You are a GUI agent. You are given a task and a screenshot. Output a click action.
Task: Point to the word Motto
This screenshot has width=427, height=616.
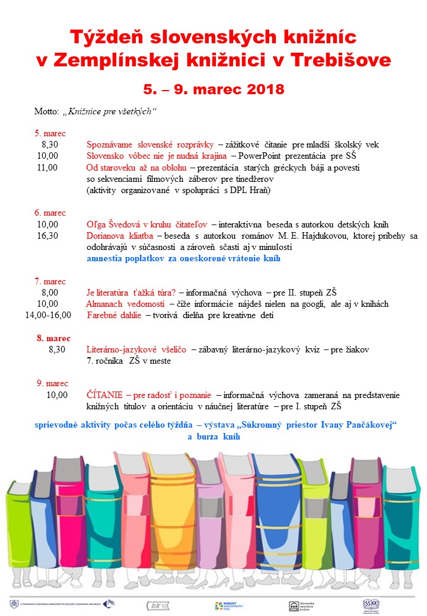click(46, 111)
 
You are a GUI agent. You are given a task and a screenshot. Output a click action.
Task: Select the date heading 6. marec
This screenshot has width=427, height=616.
click(50, 213)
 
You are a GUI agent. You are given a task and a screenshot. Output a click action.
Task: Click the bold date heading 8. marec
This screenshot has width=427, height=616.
click(53, 338)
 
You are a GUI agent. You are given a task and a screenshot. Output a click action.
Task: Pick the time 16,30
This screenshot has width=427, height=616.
click(47, 236)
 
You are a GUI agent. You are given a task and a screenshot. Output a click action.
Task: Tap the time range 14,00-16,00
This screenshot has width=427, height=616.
click(47, 315)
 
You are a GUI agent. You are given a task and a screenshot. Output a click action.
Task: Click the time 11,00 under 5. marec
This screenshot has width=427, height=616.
click(47, 168)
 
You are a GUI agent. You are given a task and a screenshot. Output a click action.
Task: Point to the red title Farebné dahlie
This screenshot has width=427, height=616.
click(114, 315)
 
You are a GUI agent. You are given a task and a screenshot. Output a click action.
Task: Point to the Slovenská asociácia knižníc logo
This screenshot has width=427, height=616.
click(304, 605)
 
